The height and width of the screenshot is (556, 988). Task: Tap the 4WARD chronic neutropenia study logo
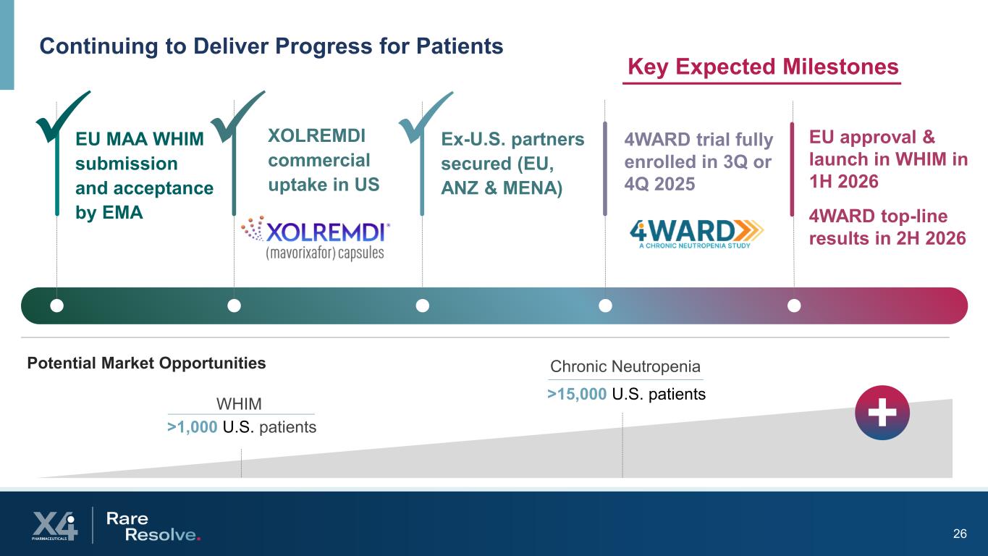pyautogui.click(x=696, y=233)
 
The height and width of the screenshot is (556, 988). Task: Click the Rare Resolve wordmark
pyautogui.click(x=153, y=526)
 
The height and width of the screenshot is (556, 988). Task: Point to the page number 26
pyautogui.click(x=960, y=534)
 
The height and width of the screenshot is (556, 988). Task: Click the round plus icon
pyautogui.click(x=882, y=413)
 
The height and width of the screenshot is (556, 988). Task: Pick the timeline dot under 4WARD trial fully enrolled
pyautogui.click(x=605, y=306)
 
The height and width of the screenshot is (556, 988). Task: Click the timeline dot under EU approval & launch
pyautogui.click(x=794, y=306)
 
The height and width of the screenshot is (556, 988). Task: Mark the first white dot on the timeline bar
pyautogui.click(x=56, y=306)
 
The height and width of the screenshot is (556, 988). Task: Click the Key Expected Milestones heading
pyautogui.click(x=762, y=67)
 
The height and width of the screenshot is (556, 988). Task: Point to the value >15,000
pyautogui.click(x=577, y=394)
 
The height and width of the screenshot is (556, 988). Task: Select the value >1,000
pyautogui.click(x=193, y=427)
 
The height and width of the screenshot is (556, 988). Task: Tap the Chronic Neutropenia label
pyautogui.click(x=625, y=366)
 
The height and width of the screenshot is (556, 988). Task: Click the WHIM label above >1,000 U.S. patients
pyautogui.click(x=239, y=403)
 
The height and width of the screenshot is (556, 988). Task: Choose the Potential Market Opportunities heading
pyautogui.click(x=146, y=363)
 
